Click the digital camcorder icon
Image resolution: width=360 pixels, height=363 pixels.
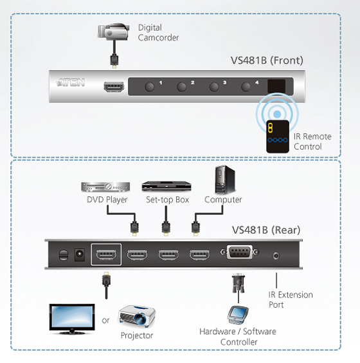[113, 32]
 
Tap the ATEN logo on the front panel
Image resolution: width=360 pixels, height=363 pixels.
[71, 82]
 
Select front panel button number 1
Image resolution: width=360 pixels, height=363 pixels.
[149, 87]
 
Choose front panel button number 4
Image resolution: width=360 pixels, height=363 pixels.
[246, 87]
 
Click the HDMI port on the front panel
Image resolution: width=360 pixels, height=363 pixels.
[114, 87]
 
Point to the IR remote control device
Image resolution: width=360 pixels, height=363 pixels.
[278, 136]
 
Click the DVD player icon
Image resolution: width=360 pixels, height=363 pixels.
[105, 187]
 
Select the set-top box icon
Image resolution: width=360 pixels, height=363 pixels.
[166, 186]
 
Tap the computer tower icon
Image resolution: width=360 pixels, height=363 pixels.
[225, 180]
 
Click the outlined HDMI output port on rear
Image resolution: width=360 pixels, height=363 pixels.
[106, 254]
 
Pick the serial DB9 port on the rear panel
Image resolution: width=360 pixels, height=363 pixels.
[239, 252]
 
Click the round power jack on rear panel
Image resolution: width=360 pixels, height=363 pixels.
[80, 254]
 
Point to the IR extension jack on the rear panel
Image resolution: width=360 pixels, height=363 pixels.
[276, 256]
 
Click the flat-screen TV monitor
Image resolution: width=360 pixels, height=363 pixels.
[72, 319]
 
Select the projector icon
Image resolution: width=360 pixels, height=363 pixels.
[137, 316]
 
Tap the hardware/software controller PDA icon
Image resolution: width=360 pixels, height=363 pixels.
[238, 315]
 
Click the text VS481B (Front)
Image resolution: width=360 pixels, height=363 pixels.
[267, 60]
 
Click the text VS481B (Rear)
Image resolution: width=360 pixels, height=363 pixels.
[266, 230]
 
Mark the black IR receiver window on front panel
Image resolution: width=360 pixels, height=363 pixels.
[276, 86]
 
